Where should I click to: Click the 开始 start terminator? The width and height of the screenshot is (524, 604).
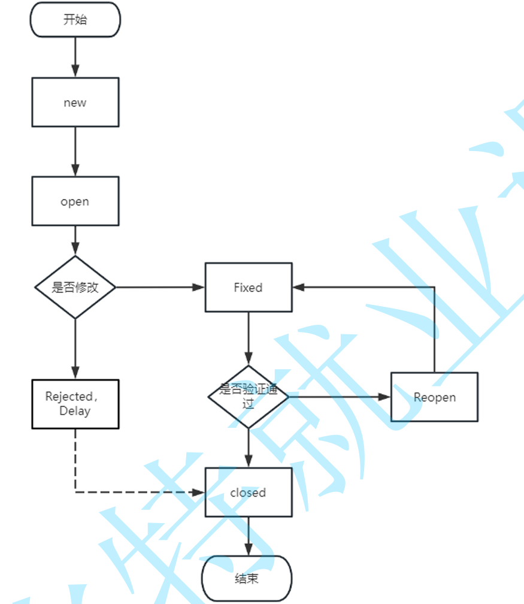click(x=75, y=20)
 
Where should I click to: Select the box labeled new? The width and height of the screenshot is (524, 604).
click(x=75, y=102)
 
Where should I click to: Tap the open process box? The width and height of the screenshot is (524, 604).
click(x=75, y=201)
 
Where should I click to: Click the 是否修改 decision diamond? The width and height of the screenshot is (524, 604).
click(x=75, y=288)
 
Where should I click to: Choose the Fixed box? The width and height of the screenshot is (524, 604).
click(x=249, y=288)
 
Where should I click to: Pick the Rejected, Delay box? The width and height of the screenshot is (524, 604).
click(x=75, y=404)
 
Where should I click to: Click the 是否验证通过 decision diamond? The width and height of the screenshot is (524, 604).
click(x=249, y=397)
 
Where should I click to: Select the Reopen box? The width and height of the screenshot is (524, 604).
click(x=434, y=397)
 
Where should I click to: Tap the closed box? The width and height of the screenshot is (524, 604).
click(x=249, y=493)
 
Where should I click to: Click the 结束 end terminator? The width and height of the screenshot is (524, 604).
click(x=247, y=579)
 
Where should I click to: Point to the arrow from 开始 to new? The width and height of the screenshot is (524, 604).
click(x=75, y=57)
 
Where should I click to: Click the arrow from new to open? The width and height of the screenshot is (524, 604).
click(x=75, y=151)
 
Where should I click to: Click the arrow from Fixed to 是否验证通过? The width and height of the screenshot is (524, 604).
click(x=249, y=339)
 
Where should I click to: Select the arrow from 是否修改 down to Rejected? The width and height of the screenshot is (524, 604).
click(x=75, y=349)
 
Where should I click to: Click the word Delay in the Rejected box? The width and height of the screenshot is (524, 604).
click(x=75, y=411)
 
